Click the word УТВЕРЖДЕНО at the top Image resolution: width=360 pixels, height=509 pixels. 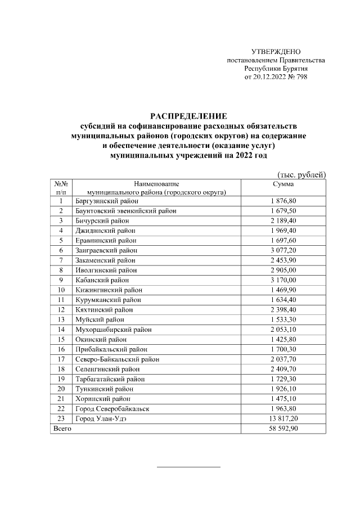point(276,52)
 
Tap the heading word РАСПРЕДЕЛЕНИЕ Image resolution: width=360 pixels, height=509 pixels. point(188,117)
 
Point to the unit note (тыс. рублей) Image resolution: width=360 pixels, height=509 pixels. point(302,175)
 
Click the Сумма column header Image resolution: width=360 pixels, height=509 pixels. point(283,184)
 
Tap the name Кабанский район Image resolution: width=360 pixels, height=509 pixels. point(102,280)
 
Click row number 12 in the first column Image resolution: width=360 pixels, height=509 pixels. point(61,309)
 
